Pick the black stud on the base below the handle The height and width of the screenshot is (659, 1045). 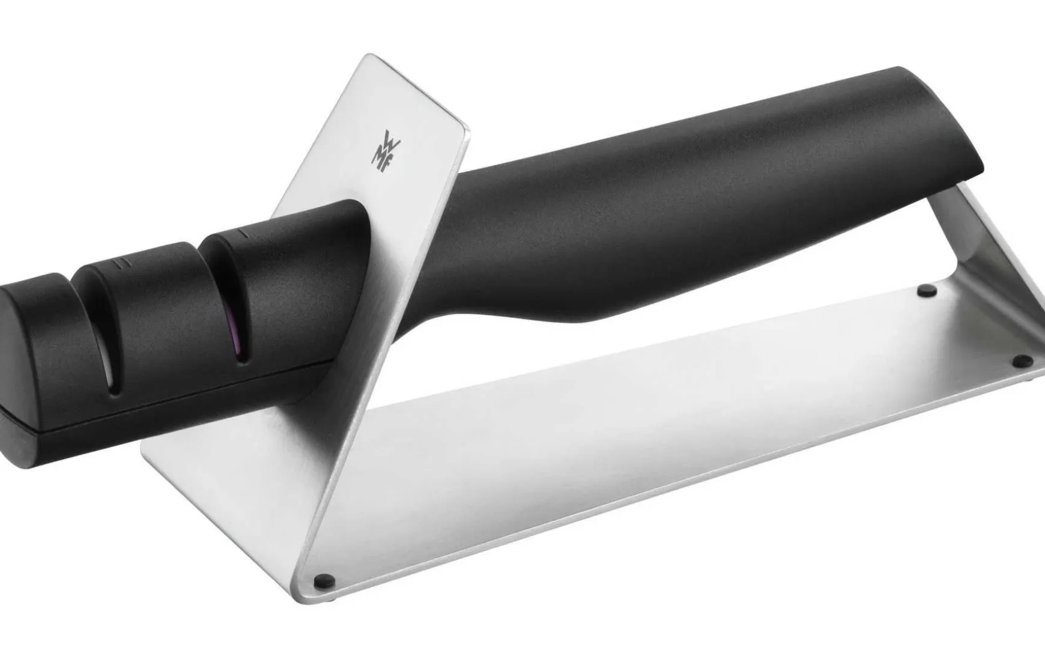coord(928,290)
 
